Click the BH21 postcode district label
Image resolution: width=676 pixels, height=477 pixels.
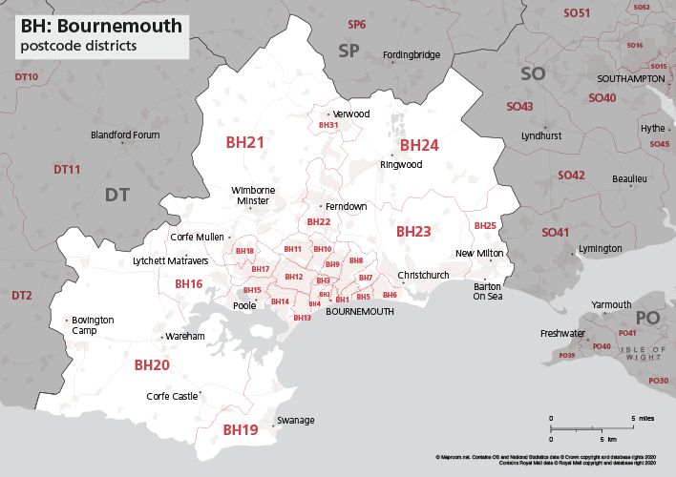pyautogui.click(x=244, y=142)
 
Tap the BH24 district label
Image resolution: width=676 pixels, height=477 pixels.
pyautogui.click(x=418, y=145)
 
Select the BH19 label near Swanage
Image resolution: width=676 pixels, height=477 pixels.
pyautogui.click(x=240, y=430)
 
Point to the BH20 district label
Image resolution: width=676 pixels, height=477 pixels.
pyautogui.click(x=151, y=364)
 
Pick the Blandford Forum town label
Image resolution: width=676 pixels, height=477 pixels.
pyautogui.click(x=125, y=135)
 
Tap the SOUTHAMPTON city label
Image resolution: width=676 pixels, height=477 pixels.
pyautogui.click(x=630, y=77)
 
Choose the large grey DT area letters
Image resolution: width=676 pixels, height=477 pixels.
pyautogui.click(x=117, y=195)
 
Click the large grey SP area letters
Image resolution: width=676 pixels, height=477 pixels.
pyautogui.click(x=349, y=51)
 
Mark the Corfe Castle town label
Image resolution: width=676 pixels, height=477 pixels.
pyautogui.click(x=172, y=396)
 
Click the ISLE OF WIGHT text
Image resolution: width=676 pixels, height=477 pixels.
pyautogui.click(x=638, y=355)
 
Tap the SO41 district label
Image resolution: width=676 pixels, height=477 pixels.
pyautogui.click(x=555, y=233)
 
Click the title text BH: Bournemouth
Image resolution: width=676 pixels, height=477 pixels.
pyautogui.click(x=101, y=26)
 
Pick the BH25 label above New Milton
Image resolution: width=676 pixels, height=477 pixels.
pyautogui.click(x=485, y=225)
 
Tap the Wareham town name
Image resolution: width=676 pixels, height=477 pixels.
pyautogui.click(x=185, y=337)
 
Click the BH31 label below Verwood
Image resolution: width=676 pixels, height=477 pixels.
pyautogui.click(x=328, y=125)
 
